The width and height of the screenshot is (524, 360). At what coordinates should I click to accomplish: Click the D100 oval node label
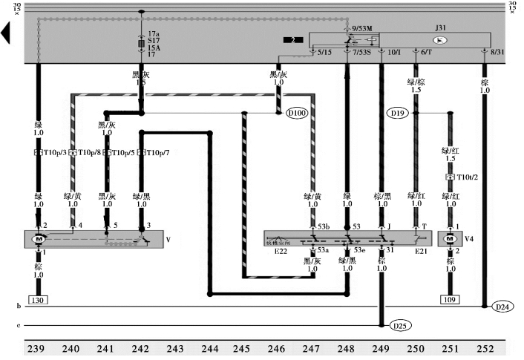[297, 114]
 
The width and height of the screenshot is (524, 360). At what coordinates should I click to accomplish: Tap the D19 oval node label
[398, 114]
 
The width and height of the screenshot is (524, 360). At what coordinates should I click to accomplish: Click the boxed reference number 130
[39, 301]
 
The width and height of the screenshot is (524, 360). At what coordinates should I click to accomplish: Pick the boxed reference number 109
[449, 301]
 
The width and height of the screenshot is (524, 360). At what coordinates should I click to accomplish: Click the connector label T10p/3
[53, 152]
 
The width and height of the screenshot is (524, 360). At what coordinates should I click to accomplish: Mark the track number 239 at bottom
[37, 350]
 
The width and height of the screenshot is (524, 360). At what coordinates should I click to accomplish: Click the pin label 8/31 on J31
[497, 52]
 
